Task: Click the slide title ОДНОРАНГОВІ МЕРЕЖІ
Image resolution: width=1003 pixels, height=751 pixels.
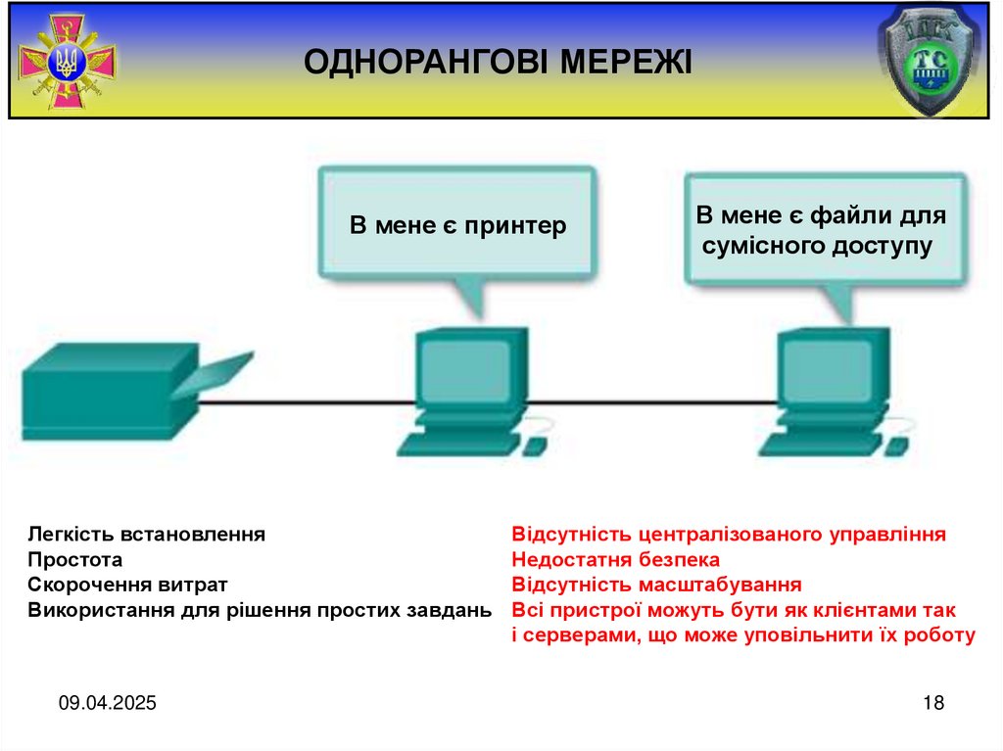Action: click(x=498, y=63)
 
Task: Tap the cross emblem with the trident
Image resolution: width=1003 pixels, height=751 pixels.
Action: click(x=68, y=64)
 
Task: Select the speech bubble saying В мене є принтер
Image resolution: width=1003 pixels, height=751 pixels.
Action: click(x=457, y=226)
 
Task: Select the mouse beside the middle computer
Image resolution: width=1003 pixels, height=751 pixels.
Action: click(x=535, y=446)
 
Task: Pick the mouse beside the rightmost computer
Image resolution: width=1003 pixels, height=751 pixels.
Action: click(x=895, y=446)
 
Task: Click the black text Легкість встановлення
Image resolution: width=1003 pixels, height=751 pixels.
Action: click(x=147, y=535)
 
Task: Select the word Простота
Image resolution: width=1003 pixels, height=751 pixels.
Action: click(x=75, y=560)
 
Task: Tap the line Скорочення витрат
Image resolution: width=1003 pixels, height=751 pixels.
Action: click(x=127, y=586)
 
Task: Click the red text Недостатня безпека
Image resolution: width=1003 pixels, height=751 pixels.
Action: click(x=615, y=560)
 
